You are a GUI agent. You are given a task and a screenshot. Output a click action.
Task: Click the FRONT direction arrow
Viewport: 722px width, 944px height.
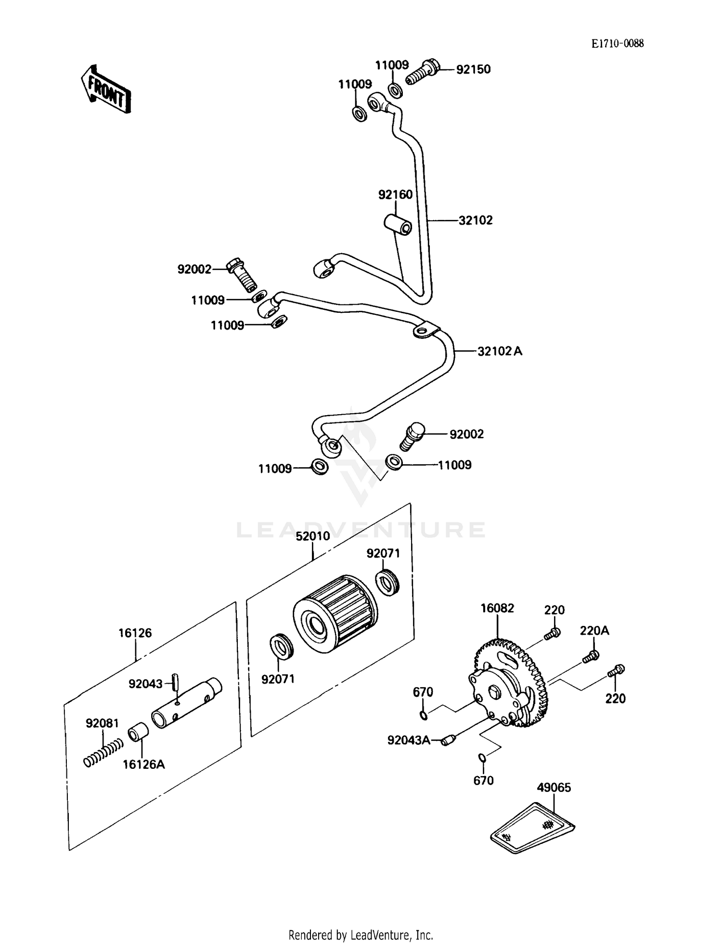[105, 90]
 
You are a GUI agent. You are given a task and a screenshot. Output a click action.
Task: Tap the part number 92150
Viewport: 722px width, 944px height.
[473, 69]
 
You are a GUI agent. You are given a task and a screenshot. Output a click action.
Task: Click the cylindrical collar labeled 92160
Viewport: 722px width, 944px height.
[398, 225]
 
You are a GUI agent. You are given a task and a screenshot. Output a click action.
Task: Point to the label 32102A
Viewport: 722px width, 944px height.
[499, 351]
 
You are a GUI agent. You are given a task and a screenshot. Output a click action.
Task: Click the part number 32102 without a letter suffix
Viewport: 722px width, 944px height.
[475, 220]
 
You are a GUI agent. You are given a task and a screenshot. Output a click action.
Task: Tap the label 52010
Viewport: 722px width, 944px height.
[312, 536]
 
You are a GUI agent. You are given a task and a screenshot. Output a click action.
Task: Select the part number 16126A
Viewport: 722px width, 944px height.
[143, 764]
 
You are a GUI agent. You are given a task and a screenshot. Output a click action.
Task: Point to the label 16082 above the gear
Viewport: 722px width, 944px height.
[497, 608]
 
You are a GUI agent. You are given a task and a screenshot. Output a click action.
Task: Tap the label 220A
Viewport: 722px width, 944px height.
[594, 630]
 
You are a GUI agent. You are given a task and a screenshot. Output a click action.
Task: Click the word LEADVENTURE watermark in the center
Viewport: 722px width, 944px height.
[361, 530]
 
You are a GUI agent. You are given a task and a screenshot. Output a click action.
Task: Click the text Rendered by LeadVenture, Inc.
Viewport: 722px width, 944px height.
[361, 935]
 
